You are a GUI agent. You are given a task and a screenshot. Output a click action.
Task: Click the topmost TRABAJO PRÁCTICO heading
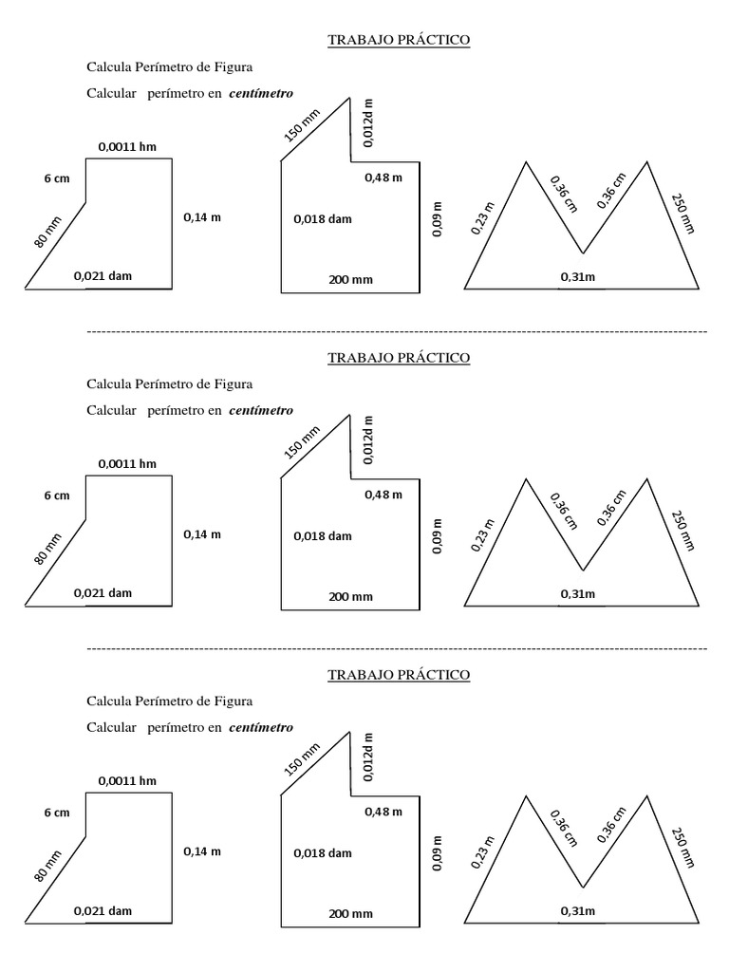point(399,40)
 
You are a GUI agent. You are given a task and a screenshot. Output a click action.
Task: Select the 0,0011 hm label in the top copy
point(127,147)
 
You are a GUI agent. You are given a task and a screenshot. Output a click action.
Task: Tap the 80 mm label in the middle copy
point(47,548)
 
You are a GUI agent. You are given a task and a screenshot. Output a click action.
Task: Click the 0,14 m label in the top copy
point(201,217)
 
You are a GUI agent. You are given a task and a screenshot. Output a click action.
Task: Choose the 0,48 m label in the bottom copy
point(383,812)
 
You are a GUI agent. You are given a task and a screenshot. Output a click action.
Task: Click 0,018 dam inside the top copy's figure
point(323,219)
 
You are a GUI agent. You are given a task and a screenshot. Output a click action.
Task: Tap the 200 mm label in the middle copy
point(351,597)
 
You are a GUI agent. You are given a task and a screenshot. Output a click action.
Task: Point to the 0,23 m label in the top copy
point(483,217)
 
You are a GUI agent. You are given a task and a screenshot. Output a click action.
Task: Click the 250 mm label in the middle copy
point(682,531)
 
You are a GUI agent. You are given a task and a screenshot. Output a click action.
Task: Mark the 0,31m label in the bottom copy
point(578,911)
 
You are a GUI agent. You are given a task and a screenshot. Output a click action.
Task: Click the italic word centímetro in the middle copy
point(261,411)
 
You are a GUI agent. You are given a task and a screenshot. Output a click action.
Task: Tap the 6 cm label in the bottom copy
point(57,813)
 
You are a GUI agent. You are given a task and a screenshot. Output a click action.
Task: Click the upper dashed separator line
point(397,331)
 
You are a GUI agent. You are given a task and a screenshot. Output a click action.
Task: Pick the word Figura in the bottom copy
point(233,701)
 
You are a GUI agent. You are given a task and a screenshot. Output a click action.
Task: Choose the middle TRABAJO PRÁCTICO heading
point(399,358)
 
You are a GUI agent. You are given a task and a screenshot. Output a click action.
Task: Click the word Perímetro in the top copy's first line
point(161,66)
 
